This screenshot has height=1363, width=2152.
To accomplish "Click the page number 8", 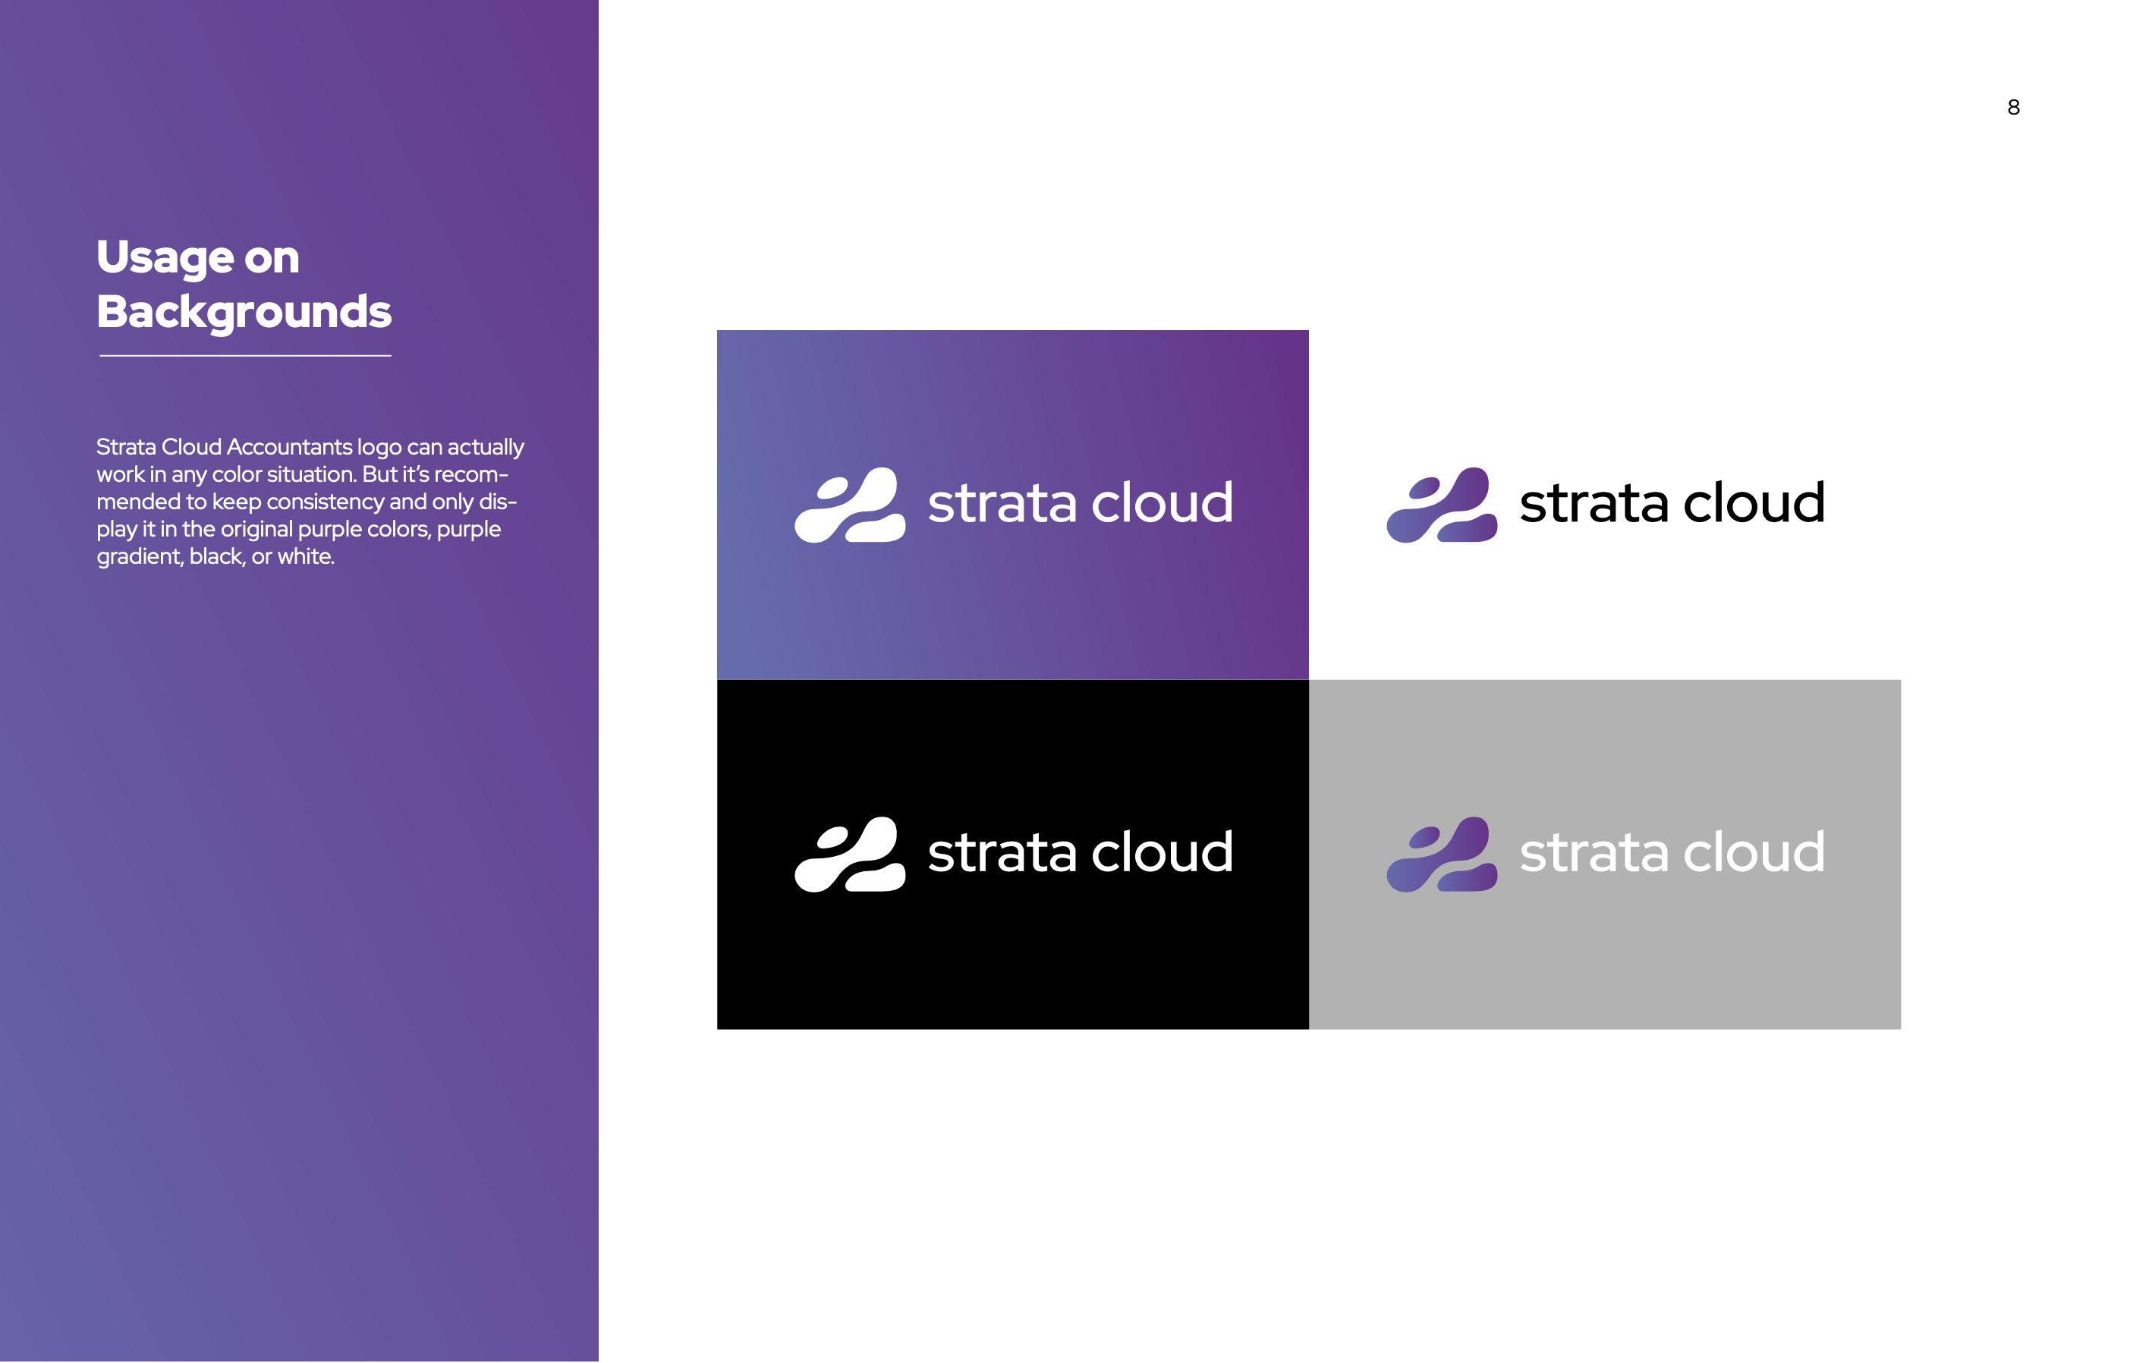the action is click(2013, 107).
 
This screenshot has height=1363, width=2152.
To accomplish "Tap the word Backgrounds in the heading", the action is click(244, 312).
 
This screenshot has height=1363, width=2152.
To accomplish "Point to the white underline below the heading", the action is click(245, 356).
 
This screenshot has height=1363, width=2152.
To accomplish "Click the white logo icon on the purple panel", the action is click(850, 505).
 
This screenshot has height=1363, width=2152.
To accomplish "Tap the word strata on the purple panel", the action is click(1002, 504).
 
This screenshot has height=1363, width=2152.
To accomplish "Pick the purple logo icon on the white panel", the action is click(1442, 505).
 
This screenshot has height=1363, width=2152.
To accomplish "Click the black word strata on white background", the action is click(1594, 504).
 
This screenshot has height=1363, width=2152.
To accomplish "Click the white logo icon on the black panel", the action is click(850, 855).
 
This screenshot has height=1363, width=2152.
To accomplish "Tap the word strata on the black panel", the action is click(1002, 854).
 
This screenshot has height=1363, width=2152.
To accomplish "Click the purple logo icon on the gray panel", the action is click(1442, 855).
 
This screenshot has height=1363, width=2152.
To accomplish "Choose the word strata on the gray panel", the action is click(1594, 854).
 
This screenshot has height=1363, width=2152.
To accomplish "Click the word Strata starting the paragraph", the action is click(126, 447).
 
